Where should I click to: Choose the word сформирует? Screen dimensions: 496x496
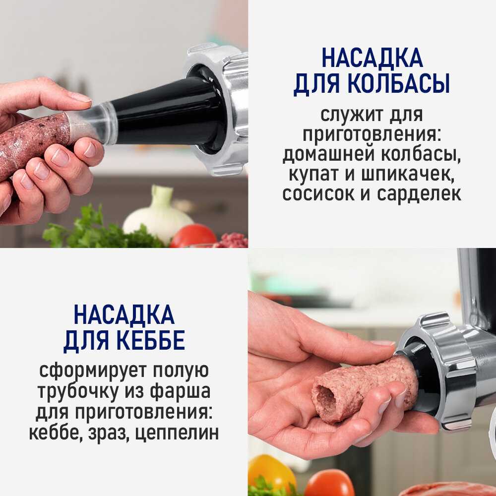click(94, 371)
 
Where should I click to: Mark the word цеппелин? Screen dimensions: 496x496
click(177, 433)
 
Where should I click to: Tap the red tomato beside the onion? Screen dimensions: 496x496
click(193, 236)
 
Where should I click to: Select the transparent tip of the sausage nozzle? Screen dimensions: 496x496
click(91, 124)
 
